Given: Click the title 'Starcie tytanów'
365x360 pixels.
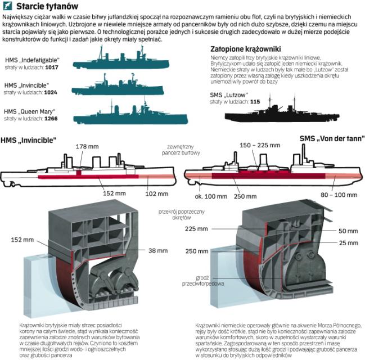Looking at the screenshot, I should point(39,7).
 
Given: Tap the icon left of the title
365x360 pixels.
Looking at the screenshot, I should point(8,7).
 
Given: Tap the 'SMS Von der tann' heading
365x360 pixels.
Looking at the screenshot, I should point(331,138).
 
